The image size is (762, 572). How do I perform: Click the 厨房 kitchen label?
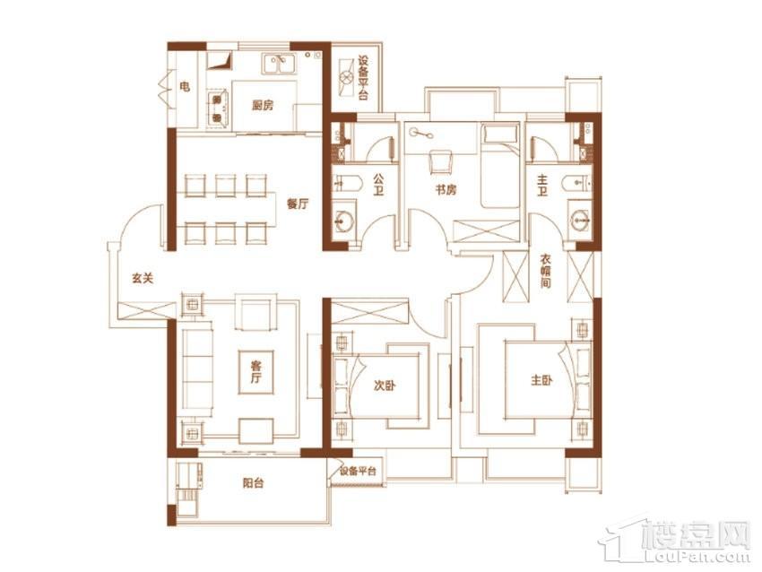[263, 105]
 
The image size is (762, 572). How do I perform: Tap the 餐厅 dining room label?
[297, 204]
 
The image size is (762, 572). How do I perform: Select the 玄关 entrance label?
[143, 279]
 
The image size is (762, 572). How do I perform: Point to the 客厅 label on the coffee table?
[256, 372]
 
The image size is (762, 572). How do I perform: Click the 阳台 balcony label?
[253, 483]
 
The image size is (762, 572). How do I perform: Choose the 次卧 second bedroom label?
[385, 386]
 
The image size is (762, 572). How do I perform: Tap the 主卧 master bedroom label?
[541, 380]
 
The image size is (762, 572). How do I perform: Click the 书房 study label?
[446, 189]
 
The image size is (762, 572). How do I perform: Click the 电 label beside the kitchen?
[185, 87]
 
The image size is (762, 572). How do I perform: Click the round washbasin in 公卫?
[344, 221]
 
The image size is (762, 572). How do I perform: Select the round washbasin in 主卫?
[580, 221]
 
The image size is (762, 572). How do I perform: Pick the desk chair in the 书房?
[441, 161]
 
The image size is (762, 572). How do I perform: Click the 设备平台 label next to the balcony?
[359, 471]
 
